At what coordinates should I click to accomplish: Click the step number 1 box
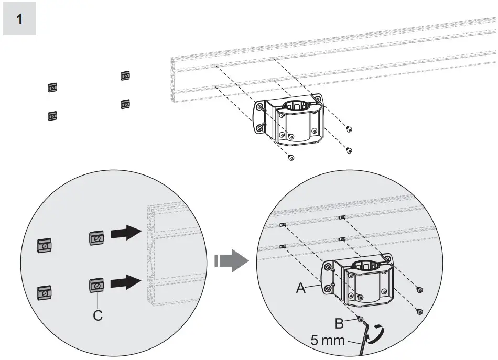tap(19, 19)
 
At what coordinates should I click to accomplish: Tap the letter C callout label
tap(98, 315)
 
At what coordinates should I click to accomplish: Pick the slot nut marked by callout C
tap(96, 285)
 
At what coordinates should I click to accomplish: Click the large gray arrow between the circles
tap(231, 260)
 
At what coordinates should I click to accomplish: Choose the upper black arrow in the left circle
tap(126, 238)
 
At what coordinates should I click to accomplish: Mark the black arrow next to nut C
tap(126, 283)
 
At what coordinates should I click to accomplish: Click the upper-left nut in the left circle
tap(45, 244)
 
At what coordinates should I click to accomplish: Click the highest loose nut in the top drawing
tap(125, 75)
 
